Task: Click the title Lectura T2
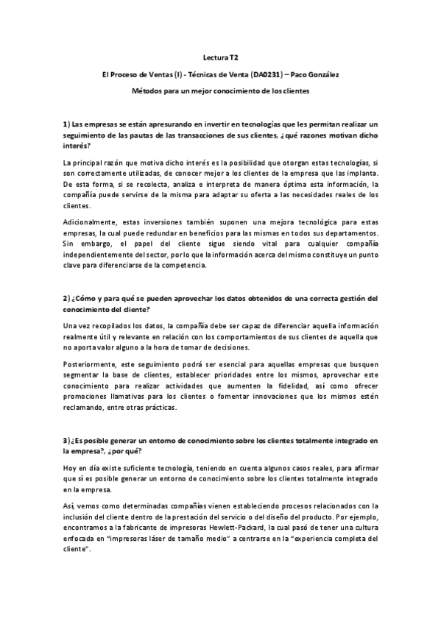(x=220, y=55)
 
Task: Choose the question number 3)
(x=66, y=441)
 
